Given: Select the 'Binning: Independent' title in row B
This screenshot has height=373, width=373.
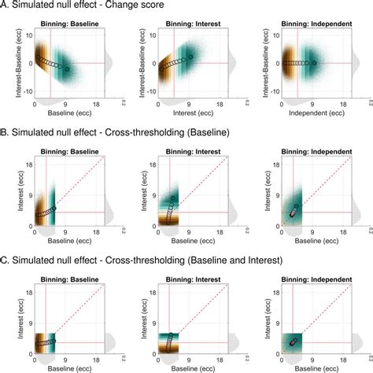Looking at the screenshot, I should (312, 156).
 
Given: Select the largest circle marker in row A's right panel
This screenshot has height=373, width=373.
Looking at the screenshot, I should (314, 63).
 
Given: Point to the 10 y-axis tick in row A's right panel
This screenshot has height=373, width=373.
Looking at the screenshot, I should (274, 36).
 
